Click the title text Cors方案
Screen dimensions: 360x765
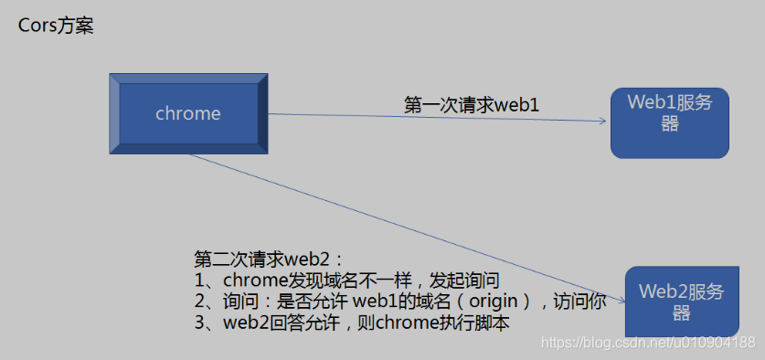point(57,26)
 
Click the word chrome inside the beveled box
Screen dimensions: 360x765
point(188,113)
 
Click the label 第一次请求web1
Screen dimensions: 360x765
point(472,105)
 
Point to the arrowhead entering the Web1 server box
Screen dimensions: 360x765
point(604,121)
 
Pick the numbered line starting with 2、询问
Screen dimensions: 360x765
point(399,301)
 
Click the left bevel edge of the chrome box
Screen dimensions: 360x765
point(115,113)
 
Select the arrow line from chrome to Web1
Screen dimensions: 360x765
point(439,118)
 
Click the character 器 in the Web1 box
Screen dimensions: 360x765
point(670,124)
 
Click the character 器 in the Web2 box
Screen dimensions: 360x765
point(680,312)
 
